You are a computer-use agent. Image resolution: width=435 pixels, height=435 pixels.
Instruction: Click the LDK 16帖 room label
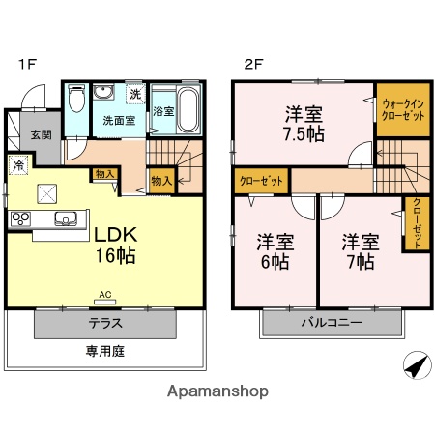(x=115, y=246)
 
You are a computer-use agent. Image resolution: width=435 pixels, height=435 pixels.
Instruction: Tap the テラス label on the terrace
(x=105, y=323)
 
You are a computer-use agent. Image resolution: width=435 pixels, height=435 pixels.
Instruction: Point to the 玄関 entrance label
(x=40, y=135)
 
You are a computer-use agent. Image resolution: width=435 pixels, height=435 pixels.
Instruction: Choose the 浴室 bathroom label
(x=161, y=111)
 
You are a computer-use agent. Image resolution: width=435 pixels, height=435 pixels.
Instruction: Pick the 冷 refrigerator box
(x=18, y=164)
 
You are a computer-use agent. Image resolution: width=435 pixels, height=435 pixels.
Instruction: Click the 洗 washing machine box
(x=136, y=94)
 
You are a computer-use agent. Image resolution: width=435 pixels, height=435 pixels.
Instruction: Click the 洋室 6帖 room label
(x=275, y=249)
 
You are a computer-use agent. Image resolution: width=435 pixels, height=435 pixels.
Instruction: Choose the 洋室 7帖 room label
(x=359, y=249)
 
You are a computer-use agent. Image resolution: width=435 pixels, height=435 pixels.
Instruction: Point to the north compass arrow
(x=415, y=367)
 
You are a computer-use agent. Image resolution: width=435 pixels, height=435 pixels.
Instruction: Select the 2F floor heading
(x=253, y=65)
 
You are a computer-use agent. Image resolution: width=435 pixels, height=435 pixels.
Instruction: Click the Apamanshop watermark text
(x=217, y=391)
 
